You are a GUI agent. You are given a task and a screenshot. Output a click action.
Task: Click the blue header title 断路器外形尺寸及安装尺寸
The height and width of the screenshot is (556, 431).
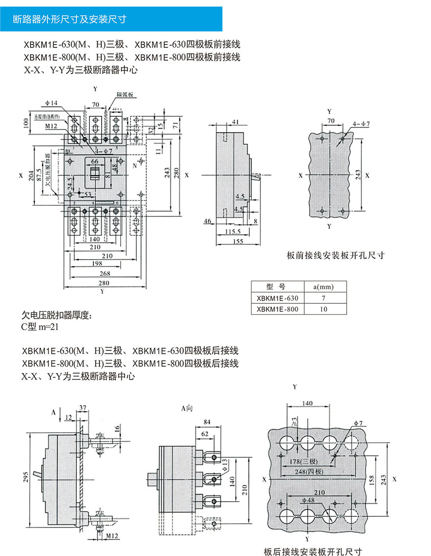pyautogui.click(x=69, y=20)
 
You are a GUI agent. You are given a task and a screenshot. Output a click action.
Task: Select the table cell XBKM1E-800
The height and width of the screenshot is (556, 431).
pyautogui.click(x=277, y=309)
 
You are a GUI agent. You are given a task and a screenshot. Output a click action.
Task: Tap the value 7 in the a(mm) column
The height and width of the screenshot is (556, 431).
pyautogui.click(x=323, y=298)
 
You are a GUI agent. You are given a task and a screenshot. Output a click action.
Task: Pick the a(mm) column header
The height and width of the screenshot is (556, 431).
pyautogui.click(x=323, y=287)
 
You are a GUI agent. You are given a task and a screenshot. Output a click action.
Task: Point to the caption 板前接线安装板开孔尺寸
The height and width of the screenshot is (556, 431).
pyautogui.click(x=336, y=255)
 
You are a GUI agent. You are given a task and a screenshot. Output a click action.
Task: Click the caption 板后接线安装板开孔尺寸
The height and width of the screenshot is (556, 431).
pyautogui.click(x=313, y=552)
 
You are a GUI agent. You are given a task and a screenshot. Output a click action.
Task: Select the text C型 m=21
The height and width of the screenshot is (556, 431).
pyautogui.click(x=41, y=327)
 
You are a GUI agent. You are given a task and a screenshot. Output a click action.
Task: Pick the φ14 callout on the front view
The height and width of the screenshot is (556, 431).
pyautogui.click(x=51, y=103)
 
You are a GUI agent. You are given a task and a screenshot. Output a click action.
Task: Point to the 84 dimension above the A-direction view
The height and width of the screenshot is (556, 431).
pyautogui.click(x=207, y=422)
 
